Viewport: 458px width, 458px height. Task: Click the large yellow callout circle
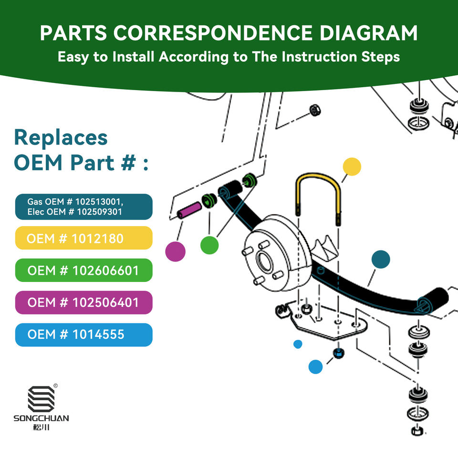352,167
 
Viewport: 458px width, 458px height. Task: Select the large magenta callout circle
175,251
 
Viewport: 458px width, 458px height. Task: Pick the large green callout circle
209,245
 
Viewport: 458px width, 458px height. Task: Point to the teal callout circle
380,260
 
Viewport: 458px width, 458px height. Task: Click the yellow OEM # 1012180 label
83,238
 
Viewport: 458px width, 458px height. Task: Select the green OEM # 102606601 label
83,271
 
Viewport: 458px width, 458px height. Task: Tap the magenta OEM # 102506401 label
83,302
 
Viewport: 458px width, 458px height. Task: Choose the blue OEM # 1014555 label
83,335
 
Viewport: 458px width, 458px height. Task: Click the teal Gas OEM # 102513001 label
83,207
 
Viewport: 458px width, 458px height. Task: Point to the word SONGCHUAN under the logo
41,418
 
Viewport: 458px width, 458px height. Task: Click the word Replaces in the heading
61,137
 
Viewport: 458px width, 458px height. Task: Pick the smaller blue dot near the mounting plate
298,343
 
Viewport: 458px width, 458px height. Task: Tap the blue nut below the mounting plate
338,354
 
